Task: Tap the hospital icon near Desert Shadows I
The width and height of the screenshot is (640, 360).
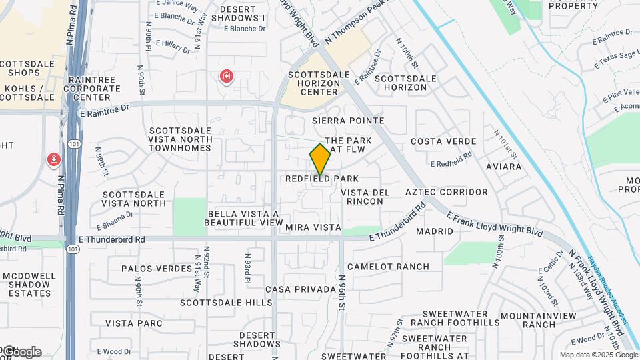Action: click(227, 77)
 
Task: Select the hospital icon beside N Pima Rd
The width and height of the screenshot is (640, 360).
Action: click(53, 160)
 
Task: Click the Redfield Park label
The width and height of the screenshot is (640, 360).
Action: click(322, 179)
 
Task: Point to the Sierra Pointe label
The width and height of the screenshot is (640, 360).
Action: click(348, 121)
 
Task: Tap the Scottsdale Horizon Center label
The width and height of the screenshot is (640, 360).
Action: click(310, 83)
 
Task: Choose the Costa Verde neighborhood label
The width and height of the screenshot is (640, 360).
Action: click(443, 141)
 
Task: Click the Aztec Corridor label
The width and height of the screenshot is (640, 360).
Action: click(446, 192)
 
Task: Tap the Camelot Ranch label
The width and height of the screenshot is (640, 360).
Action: click(388, 267)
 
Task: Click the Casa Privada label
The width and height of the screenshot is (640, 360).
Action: click(300, 289)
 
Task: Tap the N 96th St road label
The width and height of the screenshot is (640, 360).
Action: click(342, 289)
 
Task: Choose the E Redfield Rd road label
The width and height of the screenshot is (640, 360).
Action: click(451, 163)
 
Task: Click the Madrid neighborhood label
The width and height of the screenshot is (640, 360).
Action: click(434, 231)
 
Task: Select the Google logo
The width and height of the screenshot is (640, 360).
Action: click(23, 351)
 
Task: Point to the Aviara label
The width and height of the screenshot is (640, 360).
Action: click(503, 166)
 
